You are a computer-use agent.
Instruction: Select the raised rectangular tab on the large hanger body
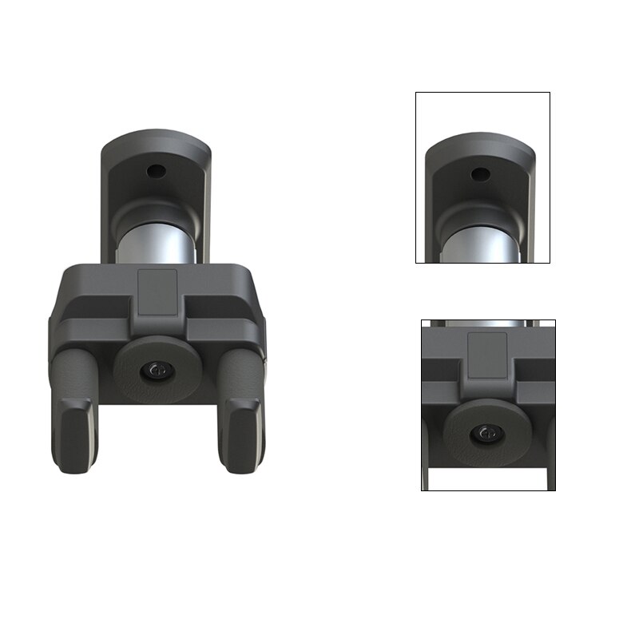coord(158,292)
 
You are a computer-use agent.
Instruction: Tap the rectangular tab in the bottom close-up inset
coord(486,355)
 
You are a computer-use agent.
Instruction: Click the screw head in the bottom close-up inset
coord(486,433)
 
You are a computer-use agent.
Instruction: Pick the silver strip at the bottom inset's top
coord(487,323)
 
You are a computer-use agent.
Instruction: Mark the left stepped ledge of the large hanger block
coord(88,309)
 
